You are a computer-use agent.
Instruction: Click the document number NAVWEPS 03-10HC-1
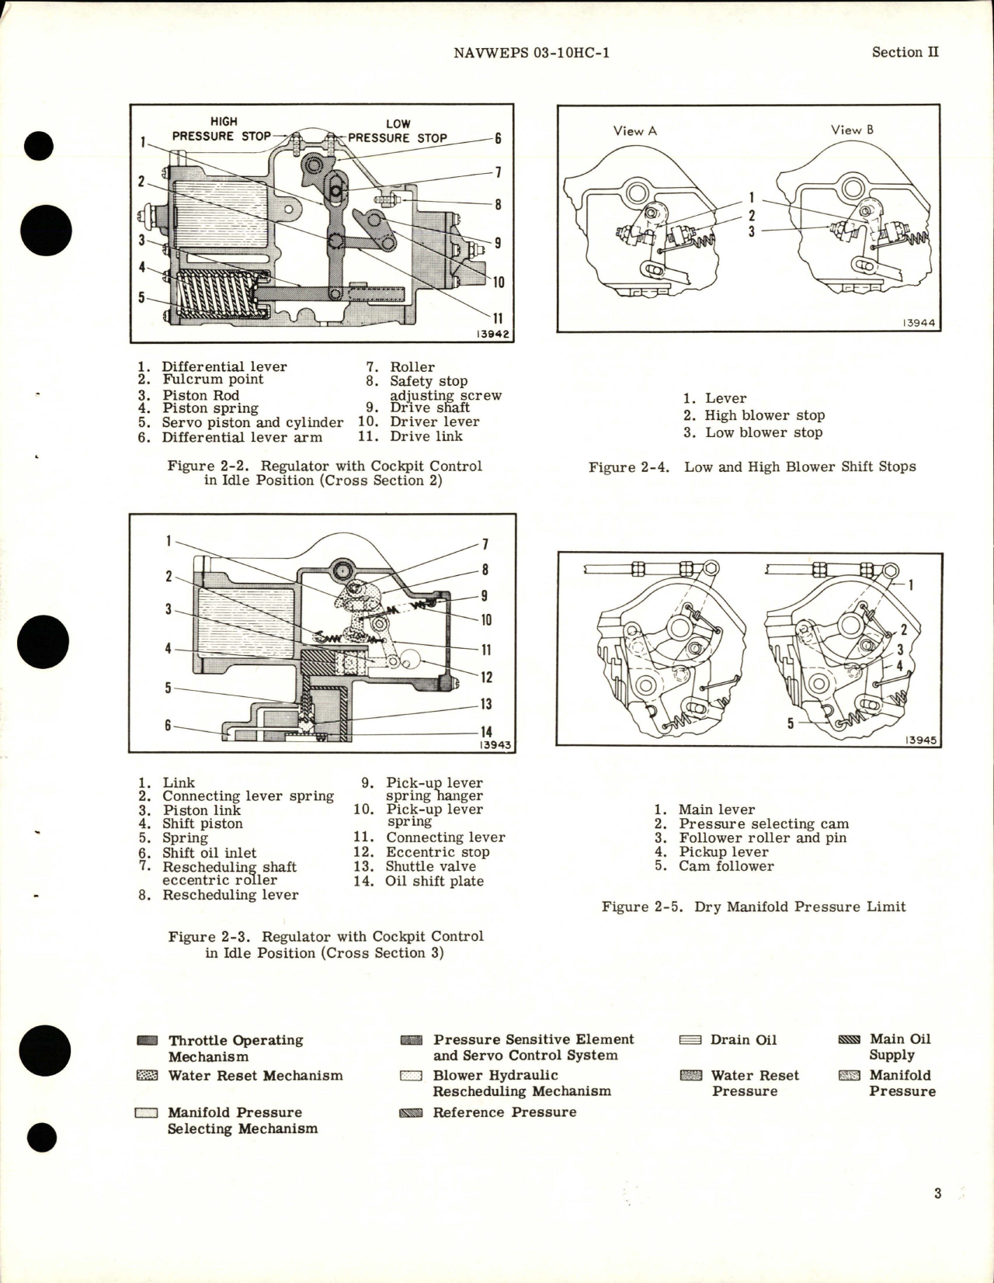pos(530,53)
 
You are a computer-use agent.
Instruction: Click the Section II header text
pos(905,52)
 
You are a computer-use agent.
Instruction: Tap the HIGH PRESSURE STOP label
pos(222,129)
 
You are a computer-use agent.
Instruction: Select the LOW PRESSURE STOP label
pos(398,131)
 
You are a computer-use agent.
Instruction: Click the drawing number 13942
pos(492,335)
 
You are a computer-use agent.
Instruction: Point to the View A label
pos(634,131)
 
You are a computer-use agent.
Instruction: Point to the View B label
pos(852,130)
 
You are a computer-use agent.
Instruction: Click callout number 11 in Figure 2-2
pos(498,318)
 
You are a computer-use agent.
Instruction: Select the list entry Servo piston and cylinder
pos(252,422)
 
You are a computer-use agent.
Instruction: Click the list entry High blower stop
pos(764,415)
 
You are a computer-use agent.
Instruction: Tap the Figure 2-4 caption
pos(752,466)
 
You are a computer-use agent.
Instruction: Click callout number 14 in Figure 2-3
pos(486,731)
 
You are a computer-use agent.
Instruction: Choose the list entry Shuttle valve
pos(430,866)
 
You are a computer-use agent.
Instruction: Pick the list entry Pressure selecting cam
pos(763,824)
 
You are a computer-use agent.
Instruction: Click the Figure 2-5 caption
pos(753,907)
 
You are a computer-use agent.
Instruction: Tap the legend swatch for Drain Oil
pos(690,1040)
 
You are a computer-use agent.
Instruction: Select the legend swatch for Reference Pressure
pos(411,1113)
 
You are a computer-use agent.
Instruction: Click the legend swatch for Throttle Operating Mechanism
pos(147,1041)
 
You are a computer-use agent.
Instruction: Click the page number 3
pos(937,1193)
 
